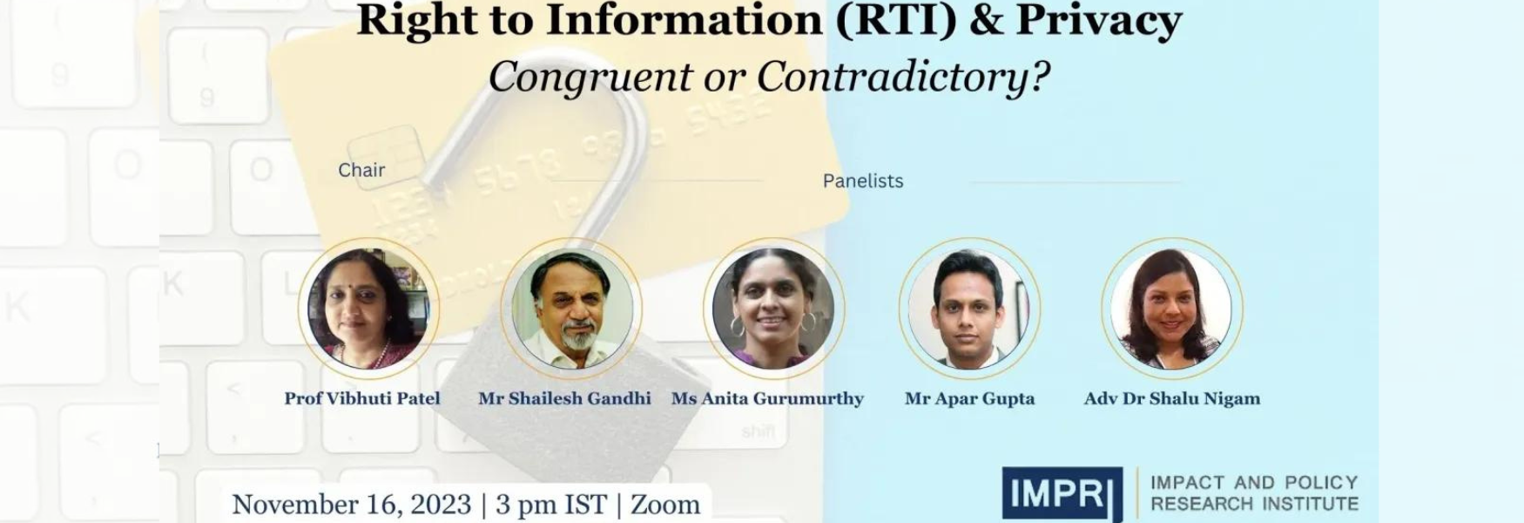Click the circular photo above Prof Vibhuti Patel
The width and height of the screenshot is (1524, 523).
(368, 309)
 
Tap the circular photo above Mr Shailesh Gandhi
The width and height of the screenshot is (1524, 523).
(571, 309)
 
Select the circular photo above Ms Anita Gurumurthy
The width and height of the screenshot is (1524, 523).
(773, 309)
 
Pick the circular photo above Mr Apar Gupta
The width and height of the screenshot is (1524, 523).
(969, 309)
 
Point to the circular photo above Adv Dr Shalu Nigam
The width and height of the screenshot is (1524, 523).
(1172, 309)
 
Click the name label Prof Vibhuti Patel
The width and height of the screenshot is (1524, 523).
(362, 398)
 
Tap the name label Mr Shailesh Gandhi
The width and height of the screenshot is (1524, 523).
(564, 398)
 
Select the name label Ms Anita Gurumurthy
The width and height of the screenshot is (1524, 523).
(767, 398)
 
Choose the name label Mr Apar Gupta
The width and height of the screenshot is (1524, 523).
(969, 398)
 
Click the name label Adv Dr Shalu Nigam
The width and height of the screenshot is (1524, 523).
(1172, 398)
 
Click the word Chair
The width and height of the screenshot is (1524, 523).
(361, 170)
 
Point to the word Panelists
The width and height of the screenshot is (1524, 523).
(863, 180)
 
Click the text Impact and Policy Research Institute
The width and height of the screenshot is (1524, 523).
(1254, 493)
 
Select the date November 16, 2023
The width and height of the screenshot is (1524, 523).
(352, 505)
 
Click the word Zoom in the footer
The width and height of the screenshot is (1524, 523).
(665, 505)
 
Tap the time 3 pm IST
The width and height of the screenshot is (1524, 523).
(550, 505)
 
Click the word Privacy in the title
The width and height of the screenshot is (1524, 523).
(1099, 21)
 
